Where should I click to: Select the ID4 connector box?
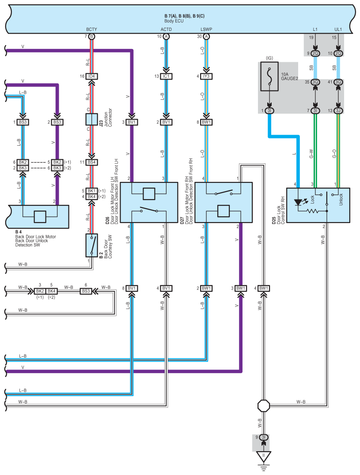92,76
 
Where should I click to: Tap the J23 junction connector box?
92,119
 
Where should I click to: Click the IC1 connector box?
166,76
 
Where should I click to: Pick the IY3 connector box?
206,76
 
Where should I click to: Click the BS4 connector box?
92,162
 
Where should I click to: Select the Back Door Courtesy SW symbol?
91,245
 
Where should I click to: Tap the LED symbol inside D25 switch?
299,202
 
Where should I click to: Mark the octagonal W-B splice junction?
264,405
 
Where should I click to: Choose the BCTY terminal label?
91,30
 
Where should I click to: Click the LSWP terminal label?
206,30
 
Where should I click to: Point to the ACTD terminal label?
166,30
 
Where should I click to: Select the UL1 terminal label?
338,30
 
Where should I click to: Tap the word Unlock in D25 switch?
341,199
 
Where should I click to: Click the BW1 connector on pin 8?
206,122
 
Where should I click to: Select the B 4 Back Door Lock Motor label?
35,237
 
